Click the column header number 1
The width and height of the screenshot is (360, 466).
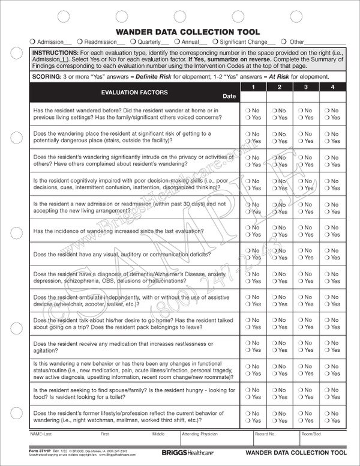tap(253, 88)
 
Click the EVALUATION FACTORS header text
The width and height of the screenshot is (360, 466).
tap(134, 92)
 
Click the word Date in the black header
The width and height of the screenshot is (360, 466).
tap(229, 96)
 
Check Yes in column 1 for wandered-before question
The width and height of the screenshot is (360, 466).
tap(247, 118)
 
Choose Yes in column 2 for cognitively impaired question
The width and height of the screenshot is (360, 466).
tap(274, 187)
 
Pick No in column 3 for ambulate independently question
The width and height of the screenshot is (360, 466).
tap(299, 296)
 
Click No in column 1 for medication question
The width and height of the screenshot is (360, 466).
tap(247, 342)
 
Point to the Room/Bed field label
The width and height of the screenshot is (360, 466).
tap(311, 433)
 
